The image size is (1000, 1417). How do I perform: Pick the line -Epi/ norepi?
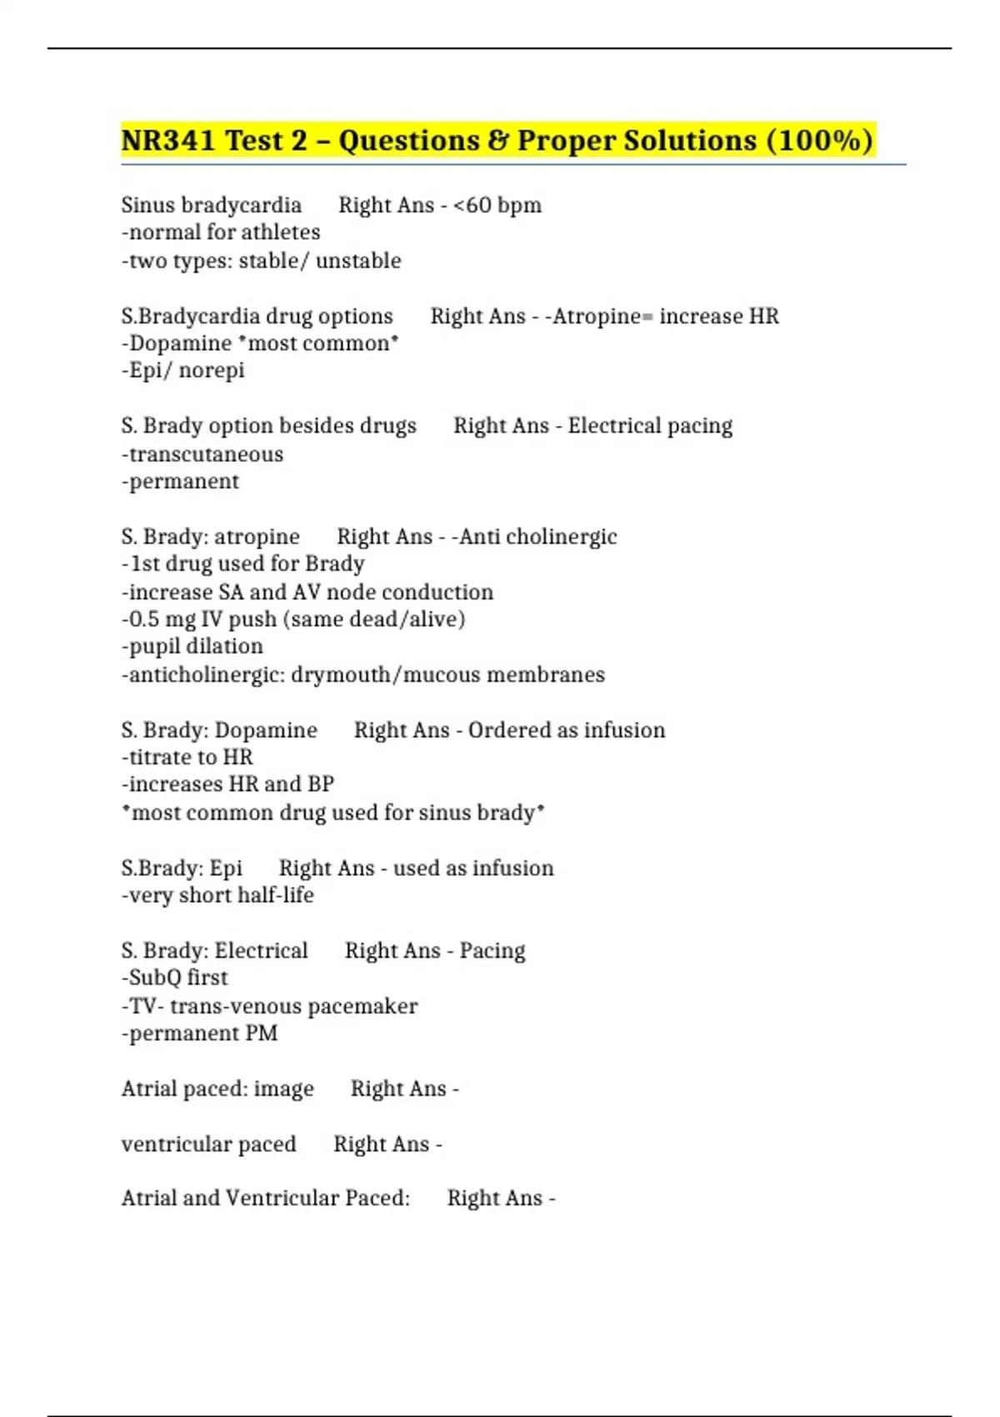[183, 370]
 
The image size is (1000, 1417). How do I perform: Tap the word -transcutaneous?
[202, 454]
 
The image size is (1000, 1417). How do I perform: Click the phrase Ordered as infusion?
[567, 730]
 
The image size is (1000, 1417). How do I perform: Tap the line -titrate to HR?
[187, 758]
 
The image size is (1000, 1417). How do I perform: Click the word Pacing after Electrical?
[492, 951]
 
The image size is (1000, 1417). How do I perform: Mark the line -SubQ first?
[175, 978]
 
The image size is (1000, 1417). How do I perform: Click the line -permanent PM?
[200, 1034]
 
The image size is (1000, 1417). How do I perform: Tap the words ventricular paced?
[209, 1144]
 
